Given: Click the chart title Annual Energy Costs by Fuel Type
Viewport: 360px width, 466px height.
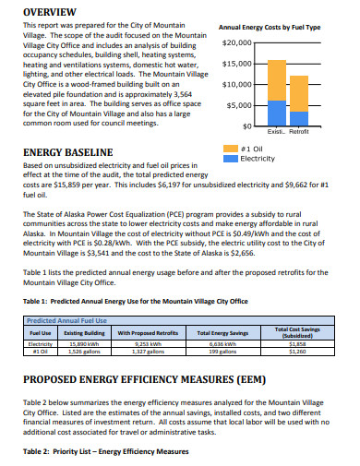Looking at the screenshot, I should click(x=270, y=28).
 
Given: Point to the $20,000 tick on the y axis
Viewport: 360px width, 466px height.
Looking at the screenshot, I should click(x=237, y=43).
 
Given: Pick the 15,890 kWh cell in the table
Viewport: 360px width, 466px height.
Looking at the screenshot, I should click(x=85, y=343).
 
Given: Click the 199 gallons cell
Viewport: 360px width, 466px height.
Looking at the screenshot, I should click(x=222, y=351).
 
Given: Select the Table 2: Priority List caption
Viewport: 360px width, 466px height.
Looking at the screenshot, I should click(x=104, y=451).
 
